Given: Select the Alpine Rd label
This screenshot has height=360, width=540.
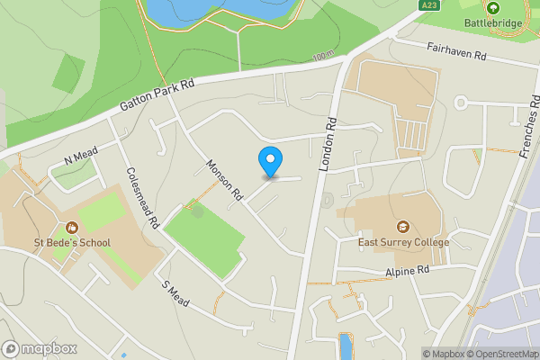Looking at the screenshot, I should coord(408,270).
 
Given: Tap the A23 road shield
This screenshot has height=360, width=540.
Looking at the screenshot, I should coord(429,5).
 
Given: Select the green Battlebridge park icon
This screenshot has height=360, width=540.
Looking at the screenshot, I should coord(493,7).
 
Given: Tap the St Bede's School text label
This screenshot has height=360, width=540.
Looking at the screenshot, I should coord(71,243).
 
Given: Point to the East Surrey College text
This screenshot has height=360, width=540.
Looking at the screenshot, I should coord(403,243).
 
